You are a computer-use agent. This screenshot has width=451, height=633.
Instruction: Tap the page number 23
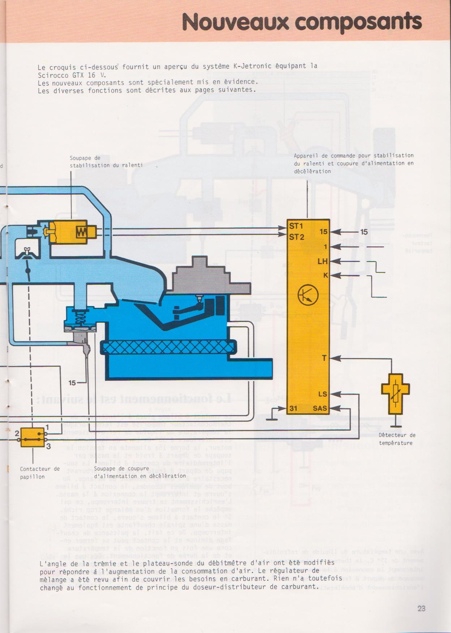pos(421,608)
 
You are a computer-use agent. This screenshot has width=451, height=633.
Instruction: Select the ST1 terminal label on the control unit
pos(296,226)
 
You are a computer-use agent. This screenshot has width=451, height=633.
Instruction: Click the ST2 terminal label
pos(296,237)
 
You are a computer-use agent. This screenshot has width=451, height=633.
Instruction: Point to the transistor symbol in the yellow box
pos(308,295)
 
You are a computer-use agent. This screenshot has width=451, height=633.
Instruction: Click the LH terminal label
pos(323,261)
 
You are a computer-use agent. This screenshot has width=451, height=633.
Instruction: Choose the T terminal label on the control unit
pos(324,358)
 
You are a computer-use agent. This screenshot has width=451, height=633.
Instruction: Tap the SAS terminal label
pos(320,408)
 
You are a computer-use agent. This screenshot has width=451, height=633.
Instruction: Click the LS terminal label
pos(323,394)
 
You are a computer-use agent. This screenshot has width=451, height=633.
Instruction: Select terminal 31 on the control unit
pos(293,408)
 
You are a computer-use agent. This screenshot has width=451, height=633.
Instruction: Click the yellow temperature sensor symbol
pos(395,393)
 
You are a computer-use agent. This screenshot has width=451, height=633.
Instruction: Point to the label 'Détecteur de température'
pos(397,439)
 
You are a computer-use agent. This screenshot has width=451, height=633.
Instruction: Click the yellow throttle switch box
pos(33,437)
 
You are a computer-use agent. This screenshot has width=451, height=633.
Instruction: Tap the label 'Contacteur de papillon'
pos(39,473)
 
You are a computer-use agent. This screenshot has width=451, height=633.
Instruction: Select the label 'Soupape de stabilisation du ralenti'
pos(106,162)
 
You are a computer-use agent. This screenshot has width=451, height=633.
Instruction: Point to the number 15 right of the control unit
pos(364,232)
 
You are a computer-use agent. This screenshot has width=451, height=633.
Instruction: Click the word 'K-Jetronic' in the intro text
pos(252,66)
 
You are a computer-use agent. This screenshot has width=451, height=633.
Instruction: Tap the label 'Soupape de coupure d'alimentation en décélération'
pos(140,472)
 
